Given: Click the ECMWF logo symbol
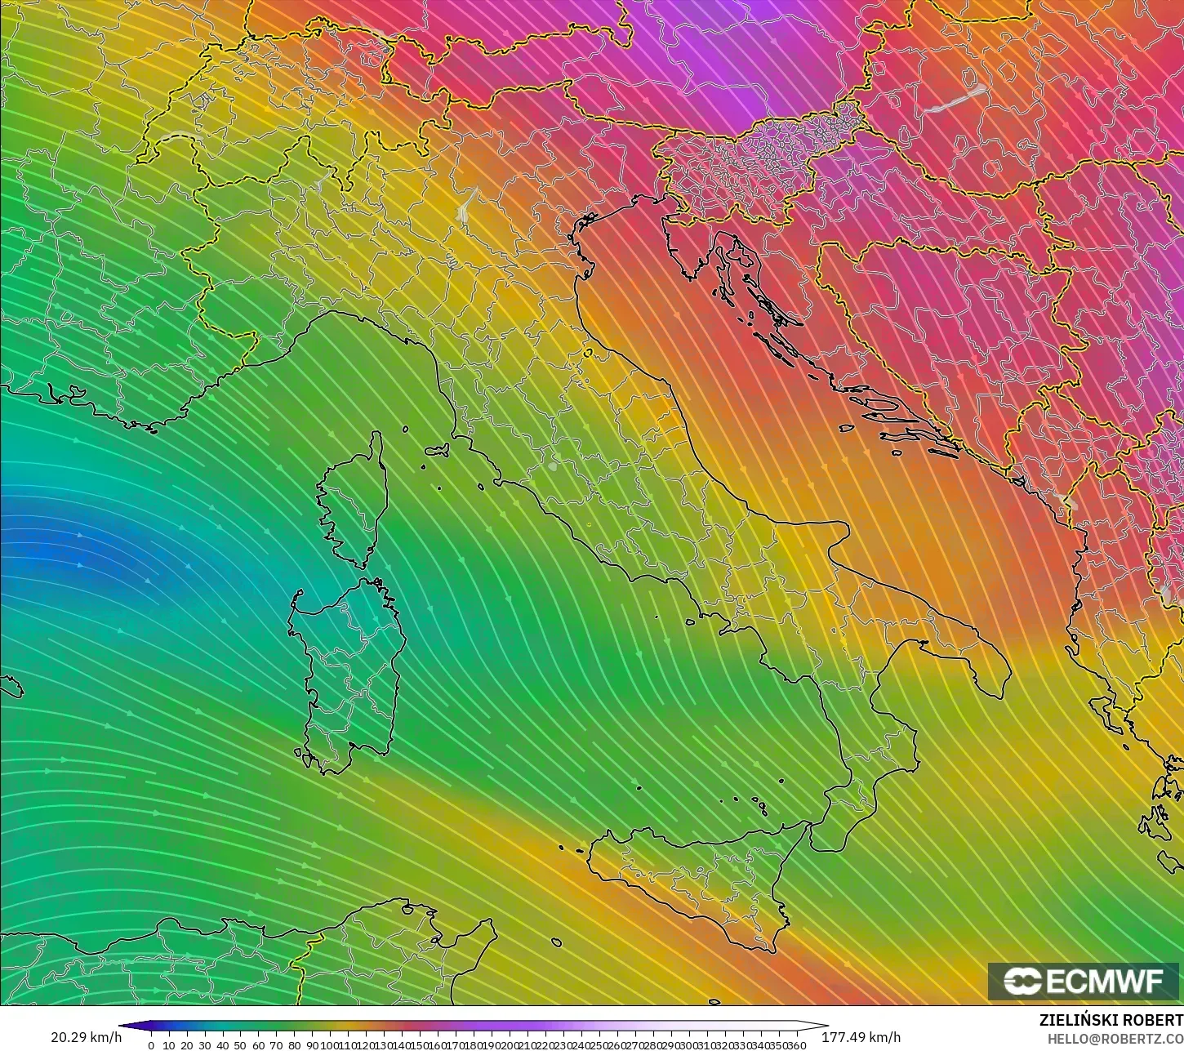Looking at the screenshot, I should (1021, 981).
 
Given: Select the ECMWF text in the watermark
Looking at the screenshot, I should (1104, 981).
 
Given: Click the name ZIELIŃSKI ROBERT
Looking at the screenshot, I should (1111, 1020).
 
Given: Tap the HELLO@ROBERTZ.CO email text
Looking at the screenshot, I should (1115, 1038).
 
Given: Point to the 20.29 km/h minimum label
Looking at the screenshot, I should (87, 1037).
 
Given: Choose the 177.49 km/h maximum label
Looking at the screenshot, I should (861, 1037).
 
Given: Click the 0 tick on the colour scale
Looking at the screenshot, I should (151, 1045).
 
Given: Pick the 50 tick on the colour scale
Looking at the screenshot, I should (240, 1045).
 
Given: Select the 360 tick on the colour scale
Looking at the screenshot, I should (799, 1045).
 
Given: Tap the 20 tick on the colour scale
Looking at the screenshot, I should (187, 1045).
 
